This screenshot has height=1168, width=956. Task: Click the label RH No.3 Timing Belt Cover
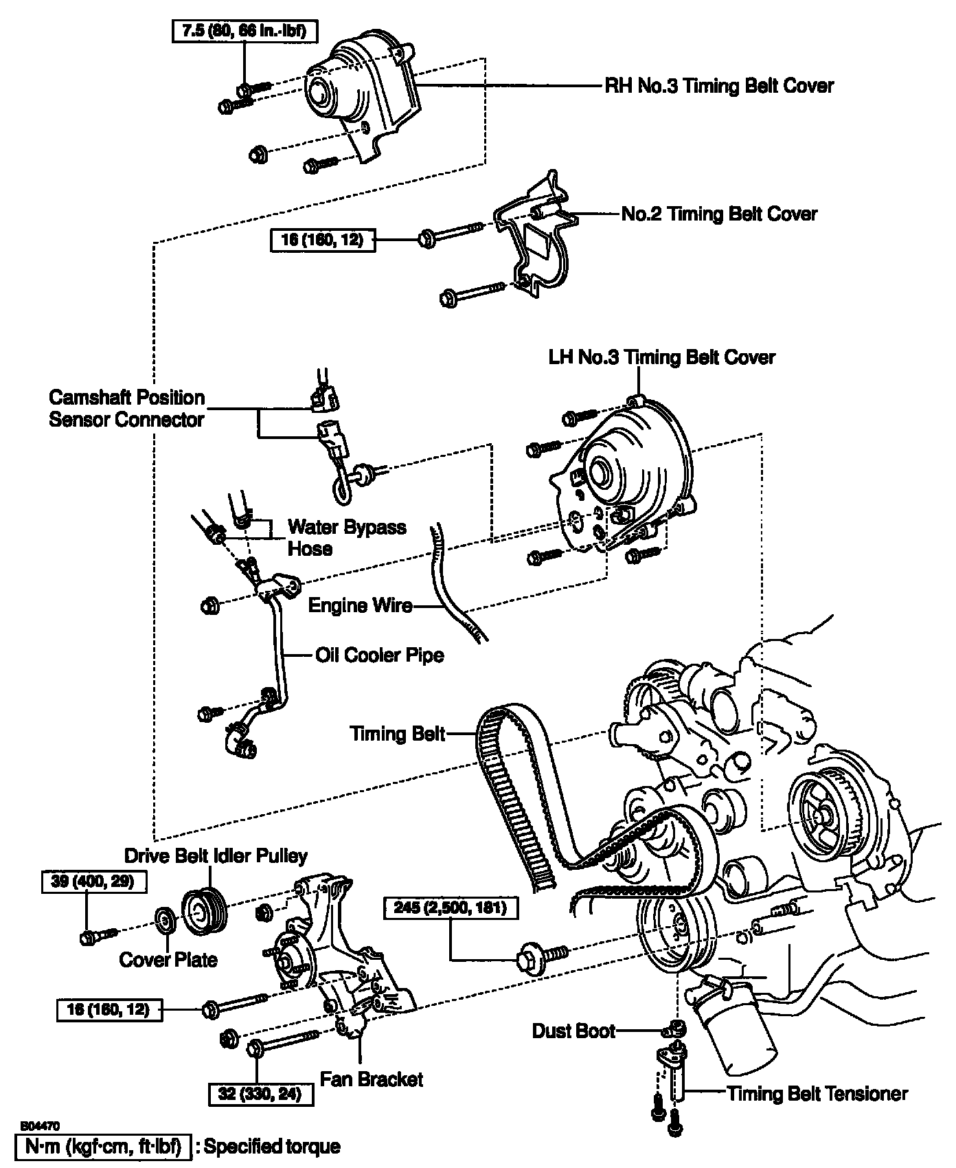pos(718,86)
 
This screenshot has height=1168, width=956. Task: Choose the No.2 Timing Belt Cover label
pos(719,214)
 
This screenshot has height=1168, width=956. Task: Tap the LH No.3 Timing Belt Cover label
pos(661,357)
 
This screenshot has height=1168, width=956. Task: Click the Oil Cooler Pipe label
pos(380,655)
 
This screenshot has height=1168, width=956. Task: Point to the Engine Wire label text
pos(360,605)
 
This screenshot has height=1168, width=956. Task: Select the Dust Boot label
pos(573,1031)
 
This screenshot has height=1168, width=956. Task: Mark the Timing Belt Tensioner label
pos(817,1093)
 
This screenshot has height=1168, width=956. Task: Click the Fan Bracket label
pos(372,1079)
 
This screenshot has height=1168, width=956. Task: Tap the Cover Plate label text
pos(168,959)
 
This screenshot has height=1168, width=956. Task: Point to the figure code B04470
pos(41,1126)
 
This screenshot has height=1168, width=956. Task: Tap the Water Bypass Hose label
pos(346,538)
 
